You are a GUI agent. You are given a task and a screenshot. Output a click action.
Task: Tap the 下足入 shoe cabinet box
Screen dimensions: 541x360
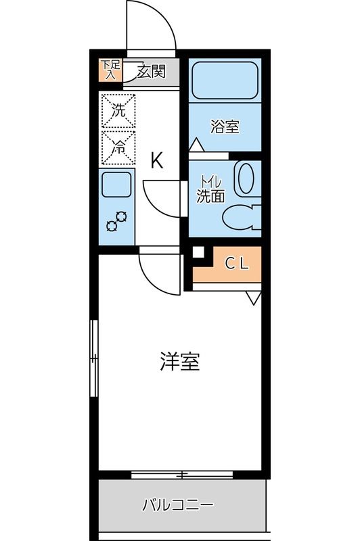[109, 71]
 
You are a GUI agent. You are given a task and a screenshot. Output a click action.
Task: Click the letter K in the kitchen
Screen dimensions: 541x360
[156, 161]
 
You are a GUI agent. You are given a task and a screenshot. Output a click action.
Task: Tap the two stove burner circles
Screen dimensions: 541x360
[116, 221]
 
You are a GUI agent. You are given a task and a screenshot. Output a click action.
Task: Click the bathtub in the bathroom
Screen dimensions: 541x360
[223, 81]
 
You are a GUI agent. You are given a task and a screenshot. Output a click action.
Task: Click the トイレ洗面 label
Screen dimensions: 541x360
[210, 191]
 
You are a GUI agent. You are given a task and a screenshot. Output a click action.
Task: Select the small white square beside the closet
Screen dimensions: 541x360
[198, 252]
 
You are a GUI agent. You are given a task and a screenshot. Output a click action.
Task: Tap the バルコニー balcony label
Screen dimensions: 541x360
[178, 504]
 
